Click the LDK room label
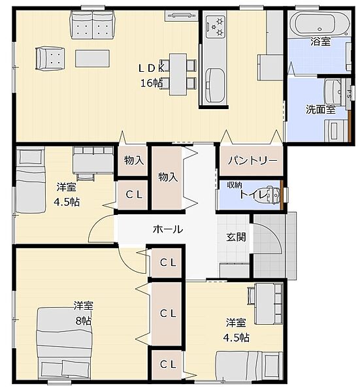pos(152,68)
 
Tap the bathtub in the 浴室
pos(319,24)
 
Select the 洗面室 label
pos(321,109)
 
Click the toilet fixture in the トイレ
pos(273,194)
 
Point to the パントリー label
pos(252,160)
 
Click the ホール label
pos(168,229)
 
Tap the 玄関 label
pos(237,237)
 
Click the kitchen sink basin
pos(215,85)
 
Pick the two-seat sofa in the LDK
pos(93,25)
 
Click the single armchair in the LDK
pos(50,59)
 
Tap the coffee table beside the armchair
pos(93,58)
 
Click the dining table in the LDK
pos(178,74)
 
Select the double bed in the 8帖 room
pos(65,344)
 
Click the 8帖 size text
pos(84,321)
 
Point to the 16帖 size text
pos(152,83)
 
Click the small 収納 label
pos(235,185)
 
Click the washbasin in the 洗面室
pos(333,92)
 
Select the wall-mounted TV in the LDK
pos(182,16)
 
